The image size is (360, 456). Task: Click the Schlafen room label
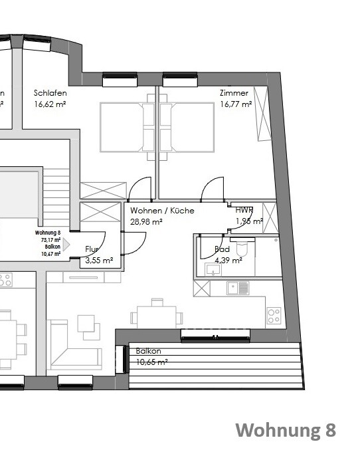pyautogui.click(x=50, y=93)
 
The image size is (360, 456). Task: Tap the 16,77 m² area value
pyautogui.click(x=235, y=104)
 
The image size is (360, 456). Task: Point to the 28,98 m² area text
pyautogui.click(x=146, y=221)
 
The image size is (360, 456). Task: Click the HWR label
pyautogui.click(x=244, y=211)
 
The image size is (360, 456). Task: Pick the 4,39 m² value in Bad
pyautogui.click(x=228, y=261)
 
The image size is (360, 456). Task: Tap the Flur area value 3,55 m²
pyautogui.click(x=99, y=261)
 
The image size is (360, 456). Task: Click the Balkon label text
pyautogui.click(x=148, y=351)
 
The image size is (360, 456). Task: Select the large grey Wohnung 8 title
pyautogui.click(x=286, y=430)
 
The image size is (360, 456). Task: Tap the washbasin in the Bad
pyautogui.click(x=213, y=269)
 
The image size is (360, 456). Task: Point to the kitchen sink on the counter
pyautogui.click(x=237, y=288)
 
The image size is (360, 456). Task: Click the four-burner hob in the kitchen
pyautogui.click(x=274, y=316)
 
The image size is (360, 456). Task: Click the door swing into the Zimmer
pyautogui.click(x=213, y=189)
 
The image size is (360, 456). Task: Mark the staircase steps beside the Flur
pyautogui.click(x=57, y=196)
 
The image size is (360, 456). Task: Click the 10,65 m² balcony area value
pyautogui.click(x=151, y=362)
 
